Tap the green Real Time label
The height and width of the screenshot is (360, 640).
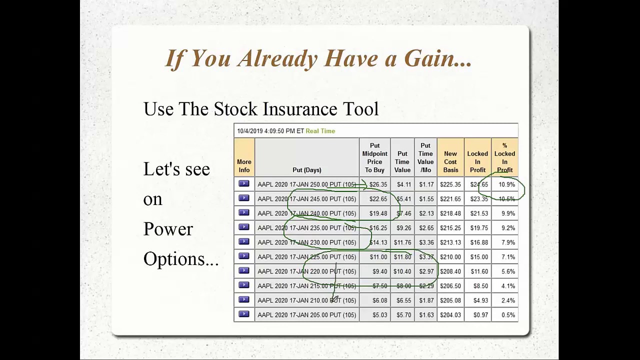320,131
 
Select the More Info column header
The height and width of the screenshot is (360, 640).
244,166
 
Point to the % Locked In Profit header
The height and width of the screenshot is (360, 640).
504,158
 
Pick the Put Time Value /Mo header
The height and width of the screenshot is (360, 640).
425,158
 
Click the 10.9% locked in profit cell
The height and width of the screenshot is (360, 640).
506,184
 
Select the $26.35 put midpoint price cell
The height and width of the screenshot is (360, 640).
378,184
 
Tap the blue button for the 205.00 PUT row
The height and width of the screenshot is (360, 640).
244,314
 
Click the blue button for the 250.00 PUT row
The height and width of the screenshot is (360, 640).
244,184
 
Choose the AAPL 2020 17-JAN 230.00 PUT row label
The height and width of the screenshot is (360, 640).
306,242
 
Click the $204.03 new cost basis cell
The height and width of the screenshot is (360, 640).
450,315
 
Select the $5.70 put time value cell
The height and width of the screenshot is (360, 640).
402,315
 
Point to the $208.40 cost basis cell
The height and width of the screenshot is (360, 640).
450,271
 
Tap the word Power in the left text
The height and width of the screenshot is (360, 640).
168,229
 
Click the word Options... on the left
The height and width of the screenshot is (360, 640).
180,259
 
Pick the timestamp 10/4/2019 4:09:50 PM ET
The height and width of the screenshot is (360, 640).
270,131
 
